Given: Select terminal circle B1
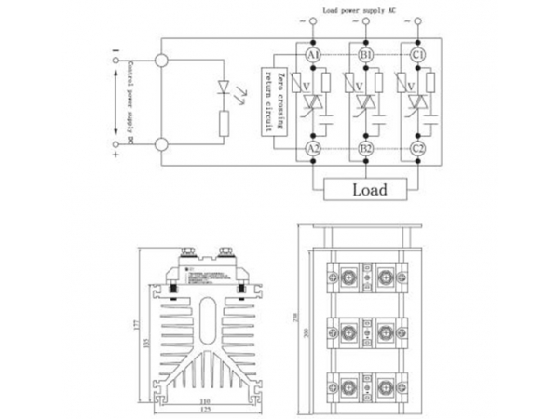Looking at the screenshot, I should tap(367, 55).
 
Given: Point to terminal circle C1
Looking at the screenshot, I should tap(417, 55).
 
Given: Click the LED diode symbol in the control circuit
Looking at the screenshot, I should tap(221, 87).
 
